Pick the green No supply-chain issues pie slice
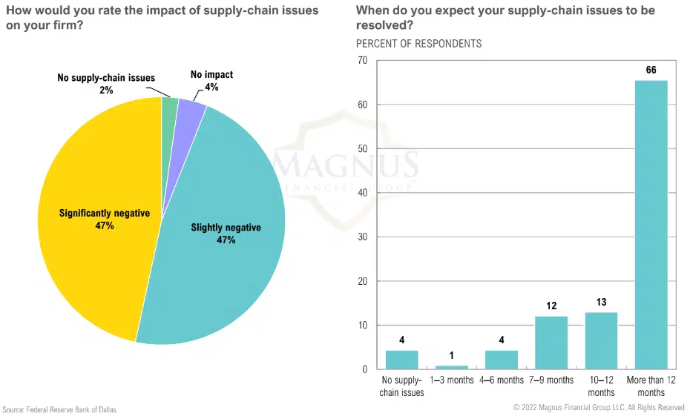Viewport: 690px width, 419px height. pyautogui.click(x=169, y=105)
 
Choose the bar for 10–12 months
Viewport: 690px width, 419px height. pyautogui.click(x=601, y=340)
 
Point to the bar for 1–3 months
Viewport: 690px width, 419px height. pyautogui.click(x=452, y=366)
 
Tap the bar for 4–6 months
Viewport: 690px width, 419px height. pyautogui.click(x=502, y=360)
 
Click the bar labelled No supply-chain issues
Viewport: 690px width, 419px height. pyautogui.click(x=402, y=360)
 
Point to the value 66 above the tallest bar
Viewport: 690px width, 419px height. pyautogui.click(x=651, y=70)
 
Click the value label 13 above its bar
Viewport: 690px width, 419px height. pyautogui.click(x=601, y=302)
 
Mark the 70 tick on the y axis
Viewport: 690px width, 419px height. pyautogui.click(x=363, y=60)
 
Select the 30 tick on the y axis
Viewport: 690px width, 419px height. pyautogui.click(x=363, y=237)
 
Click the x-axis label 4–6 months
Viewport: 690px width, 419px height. pyautogui.click(x=502, y=380)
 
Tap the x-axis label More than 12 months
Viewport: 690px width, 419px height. pyautogui.click(x=651, y=386)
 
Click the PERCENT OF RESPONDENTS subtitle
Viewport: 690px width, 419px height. pyautogui.click(x=418, y=43)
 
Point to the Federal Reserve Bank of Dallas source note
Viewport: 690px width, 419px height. pyautogui.click(x=59, y=409)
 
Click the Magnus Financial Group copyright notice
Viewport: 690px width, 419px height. pyautogui.click(x=599, y=408)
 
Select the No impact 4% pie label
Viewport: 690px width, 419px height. pyautogui.click(x=211, y=81)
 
